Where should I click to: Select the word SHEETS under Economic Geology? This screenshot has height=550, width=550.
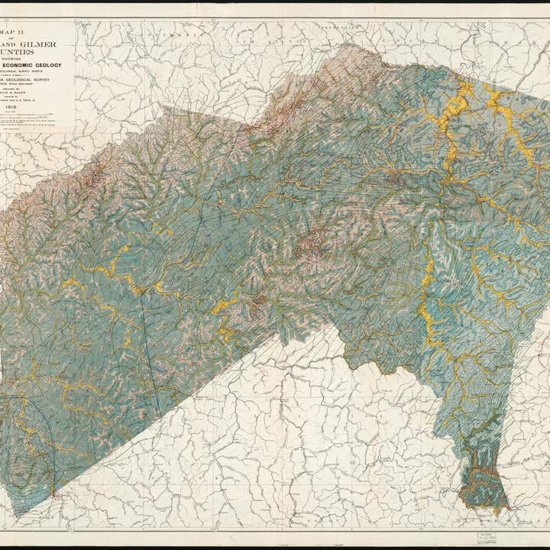coord(72,83)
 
